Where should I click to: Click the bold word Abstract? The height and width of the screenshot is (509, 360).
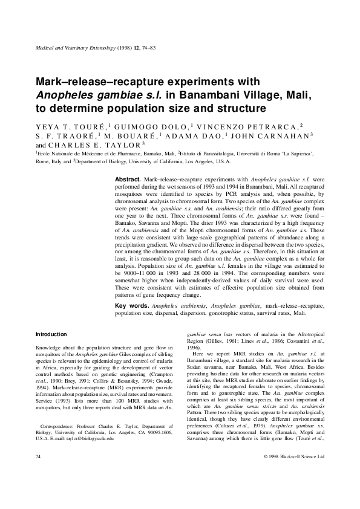pyautogui.click(x=128, y=180)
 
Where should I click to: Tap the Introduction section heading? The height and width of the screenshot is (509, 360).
pyautogui.click(x=51, y=334)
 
